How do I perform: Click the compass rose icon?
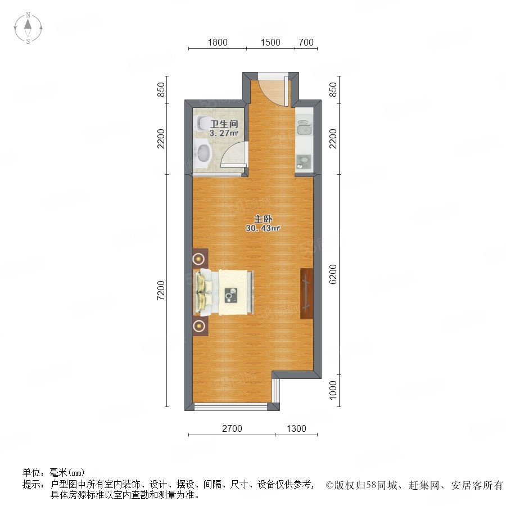tap(28, 28)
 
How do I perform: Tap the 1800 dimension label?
tap(218, 42)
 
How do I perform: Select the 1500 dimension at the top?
tap(270, 42)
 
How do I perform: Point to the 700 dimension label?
tap(306, 42)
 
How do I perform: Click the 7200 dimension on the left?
tap(161, 291)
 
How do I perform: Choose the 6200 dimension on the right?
tap(333, 274)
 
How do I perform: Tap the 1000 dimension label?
tap(333, 390)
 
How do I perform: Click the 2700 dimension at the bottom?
tap(232, 428)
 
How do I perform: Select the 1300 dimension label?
tap(296, 428)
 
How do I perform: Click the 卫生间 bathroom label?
tap(224, 124)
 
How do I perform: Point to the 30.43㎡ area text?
tap(263, 228)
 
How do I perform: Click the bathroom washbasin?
tap(202, 154)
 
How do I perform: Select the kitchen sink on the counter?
tap(304, 128)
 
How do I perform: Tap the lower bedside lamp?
tap(198, 326)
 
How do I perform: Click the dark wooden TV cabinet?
tap(306, 293)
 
